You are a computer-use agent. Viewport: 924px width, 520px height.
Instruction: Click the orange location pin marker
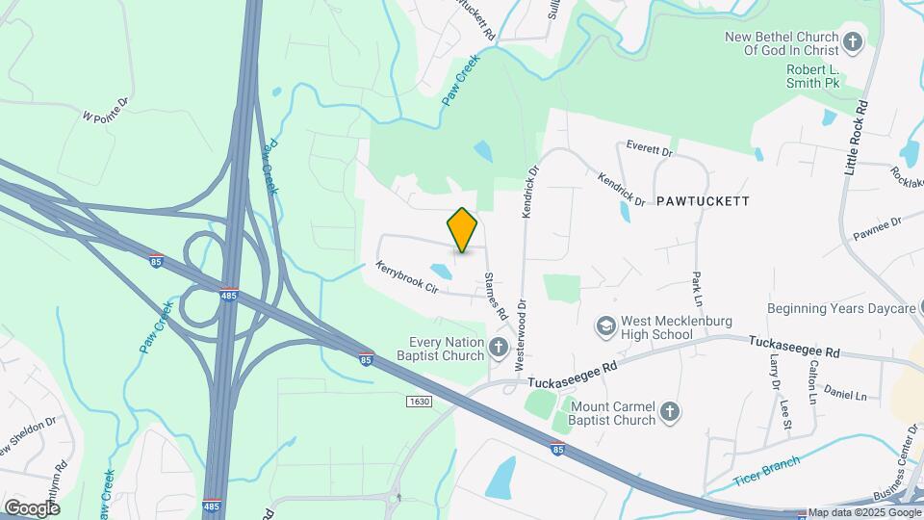[463, 229]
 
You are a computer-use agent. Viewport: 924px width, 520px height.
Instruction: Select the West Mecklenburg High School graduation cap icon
[606, 325]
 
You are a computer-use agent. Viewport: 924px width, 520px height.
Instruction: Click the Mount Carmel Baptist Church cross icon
[671, 412]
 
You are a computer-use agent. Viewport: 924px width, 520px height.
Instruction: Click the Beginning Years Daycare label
[840, 309]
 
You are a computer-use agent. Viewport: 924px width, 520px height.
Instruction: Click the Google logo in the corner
[32, 507]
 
